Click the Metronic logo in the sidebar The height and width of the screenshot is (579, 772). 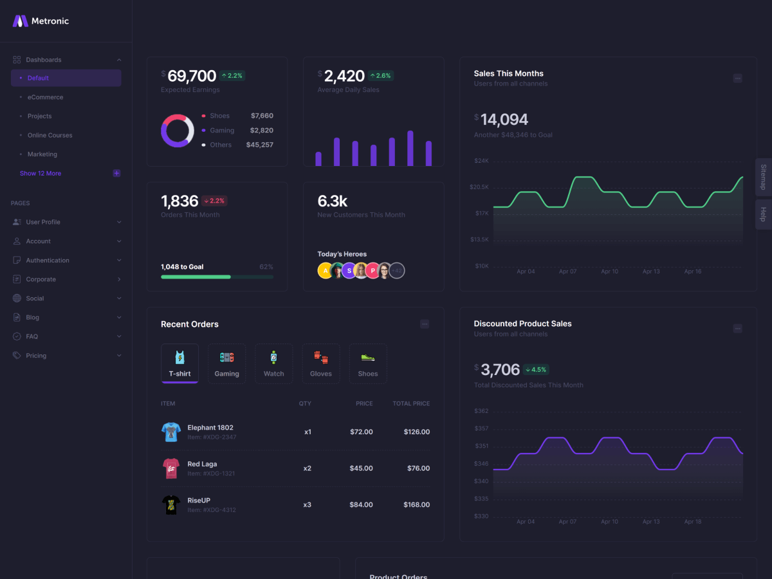[40, 21]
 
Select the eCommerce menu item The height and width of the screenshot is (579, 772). [45, 97]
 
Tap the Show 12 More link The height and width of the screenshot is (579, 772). [41, 173]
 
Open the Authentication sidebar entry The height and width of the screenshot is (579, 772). [48, 261]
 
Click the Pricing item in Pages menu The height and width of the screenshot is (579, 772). [36, 356]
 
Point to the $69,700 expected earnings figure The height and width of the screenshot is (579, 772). [191, 76]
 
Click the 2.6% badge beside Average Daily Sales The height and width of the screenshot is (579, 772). [380, 75]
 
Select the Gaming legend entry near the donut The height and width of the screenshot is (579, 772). [222, 131]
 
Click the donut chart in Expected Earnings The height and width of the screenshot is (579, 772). [178, 131]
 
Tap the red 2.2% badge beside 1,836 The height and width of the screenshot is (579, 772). [214, 201]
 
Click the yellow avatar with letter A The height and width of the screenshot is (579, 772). [325, 271]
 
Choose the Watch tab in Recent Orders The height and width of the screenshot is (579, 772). [273, 364]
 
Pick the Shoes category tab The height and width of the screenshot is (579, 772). [368, 364]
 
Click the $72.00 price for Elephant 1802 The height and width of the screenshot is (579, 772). [361, 432]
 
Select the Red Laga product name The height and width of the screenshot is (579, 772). [202, 464]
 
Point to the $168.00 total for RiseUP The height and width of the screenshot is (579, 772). [416, 504]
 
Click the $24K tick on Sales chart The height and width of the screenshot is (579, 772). [481, 161]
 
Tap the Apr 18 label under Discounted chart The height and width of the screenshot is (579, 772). [693, 522]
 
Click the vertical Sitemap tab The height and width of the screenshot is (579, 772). [764, 177]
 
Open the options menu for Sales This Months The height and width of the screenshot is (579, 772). [737, 78]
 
